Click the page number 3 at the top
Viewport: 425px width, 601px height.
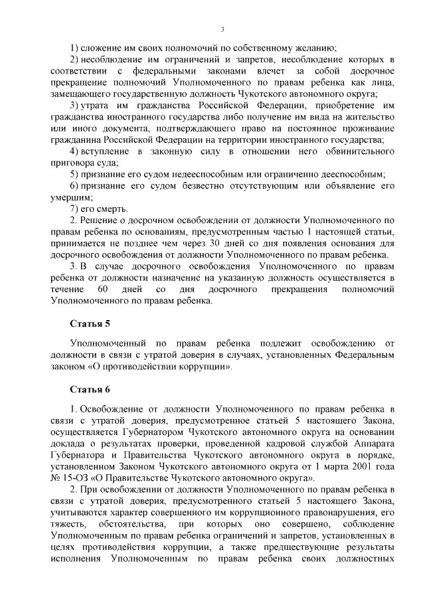[x=223, y=29]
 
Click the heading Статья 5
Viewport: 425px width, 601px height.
[x=89, y=324]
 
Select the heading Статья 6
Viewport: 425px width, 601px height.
[x=89, y=388]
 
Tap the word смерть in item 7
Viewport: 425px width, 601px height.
[x=104, y=209]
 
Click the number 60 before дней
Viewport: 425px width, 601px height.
[x=102, y=290]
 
